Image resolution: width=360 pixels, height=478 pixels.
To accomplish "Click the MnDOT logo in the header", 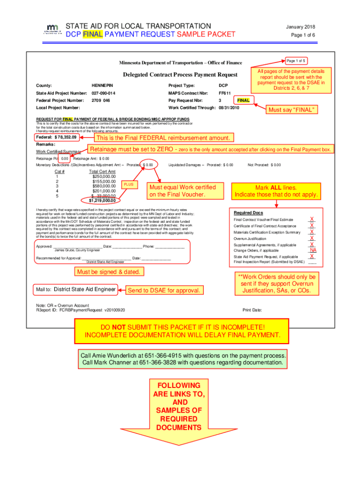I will click(x=53, y=29).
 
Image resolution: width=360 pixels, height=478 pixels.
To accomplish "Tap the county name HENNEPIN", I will click(x=102, y=86).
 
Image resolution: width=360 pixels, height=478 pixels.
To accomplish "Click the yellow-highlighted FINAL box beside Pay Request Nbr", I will click(x=244, y=100).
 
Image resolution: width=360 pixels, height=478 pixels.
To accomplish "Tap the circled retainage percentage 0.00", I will click(x=65, y=158).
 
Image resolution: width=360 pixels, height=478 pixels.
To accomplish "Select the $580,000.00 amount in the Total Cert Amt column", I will click(x=103, y=186).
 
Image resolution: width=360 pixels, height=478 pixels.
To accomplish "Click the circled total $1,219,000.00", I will click(x=102, y=201).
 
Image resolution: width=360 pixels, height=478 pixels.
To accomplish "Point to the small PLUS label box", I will click(x=129, y=184).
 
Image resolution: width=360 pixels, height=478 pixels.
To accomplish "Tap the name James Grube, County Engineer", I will click(x=74, y=250).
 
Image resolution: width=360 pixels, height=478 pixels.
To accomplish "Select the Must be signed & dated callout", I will click(x=108, y=272).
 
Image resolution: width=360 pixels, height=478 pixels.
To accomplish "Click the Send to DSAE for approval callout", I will click(x=165, y=290).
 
